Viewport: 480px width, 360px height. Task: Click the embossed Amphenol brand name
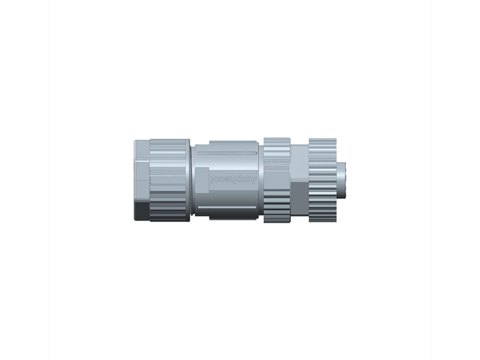[233, 179]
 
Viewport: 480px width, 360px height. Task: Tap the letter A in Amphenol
[253, 179]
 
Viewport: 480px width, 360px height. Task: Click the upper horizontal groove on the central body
[228, 154]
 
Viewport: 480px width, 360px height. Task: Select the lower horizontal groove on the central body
[228, 208]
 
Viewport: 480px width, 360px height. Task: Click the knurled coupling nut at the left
[169, 180]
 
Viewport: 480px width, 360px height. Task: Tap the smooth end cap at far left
[142, 174]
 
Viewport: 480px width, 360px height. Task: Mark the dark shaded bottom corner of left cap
[142, 211]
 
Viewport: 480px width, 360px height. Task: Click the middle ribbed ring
[277, 180]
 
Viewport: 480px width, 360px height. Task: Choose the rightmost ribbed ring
[322, 180]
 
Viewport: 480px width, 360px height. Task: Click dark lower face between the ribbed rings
[299, 201]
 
